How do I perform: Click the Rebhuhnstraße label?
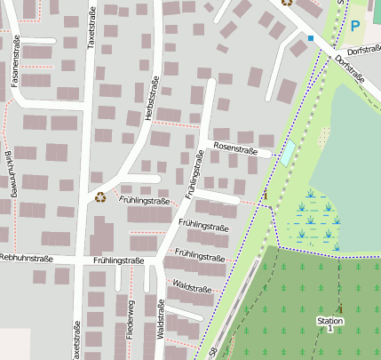click(x=27, y=259)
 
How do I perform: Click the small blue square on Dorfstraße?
click(x=311, y=38)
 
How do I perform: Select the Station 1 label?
click(x=329, y=324)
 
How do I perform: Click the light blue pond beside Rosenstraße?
click(x=288, y=151)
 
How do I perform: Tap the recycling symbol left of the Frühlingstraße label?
click(x=100, y=196)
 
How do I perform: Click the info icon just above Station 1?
click(x=337, y=308)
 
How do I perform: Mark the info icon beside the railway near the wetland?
click(x=264, y=194)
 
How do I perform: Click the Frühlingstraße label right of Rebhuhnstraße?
click(x=118, y=260)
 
